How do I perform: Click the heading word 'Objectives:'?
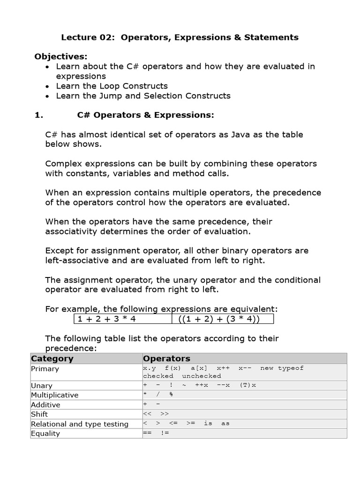(61, 57)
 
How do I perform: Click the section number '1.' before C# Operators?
(39, 115)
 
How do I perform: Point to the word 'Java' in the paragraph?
(241, 135)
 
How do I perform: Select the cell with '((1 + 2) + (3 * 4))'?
(219, 319)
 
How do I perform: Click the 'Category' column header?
(52, 359)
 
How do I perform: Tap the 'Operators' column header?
(166, 359)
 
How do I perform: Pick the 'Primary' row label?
(45, 369)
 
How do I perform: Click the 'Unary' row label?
(42, 386)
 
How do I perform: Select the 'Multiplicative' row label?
(55, 395)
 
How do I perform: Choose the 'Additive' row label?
(45, 405)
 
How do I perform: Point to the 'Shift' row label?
(39, 414)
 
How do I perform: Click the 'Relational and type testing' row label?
(80, 424)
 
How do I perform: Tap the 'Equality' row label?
(45, 434)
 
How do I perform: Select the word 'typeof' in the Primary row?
(291, 368)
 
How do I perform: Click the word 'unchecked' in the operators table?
(202, 376)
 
